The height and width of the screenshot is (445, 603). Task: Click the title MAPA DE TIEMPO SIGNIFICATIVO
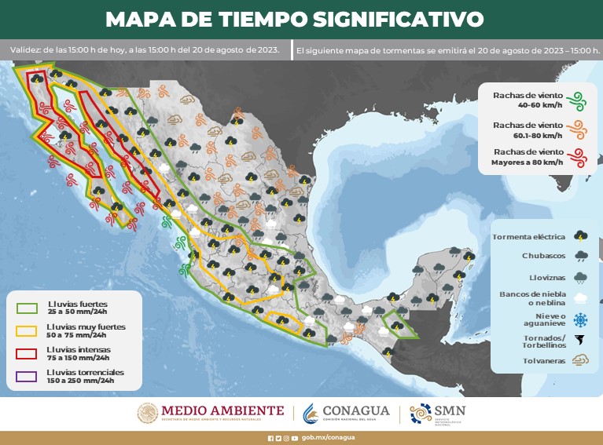[x=294, y=18]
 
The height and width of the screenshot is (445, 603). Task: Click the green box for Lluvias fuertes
[x=28, y=307]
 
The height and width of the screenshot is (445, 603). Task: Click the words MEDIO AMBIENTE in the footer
[x=222, y=410]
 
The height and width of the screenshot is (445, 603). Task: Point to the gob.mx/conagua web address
[x=328, y=437]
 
